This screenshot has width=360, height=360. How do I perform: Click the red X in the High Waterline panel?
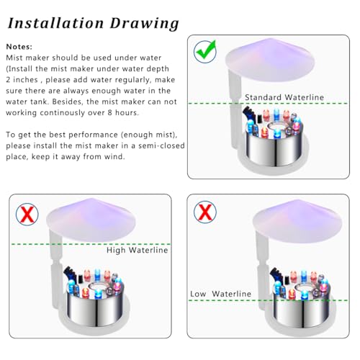point(27,214)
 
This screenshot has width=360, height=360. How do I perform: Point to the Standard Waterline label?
point(283,97)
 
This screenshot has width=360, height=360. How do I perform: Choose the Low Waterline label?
point(220,294)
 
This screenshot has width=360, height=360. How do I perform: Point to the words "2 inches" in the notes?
point(23,79)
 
